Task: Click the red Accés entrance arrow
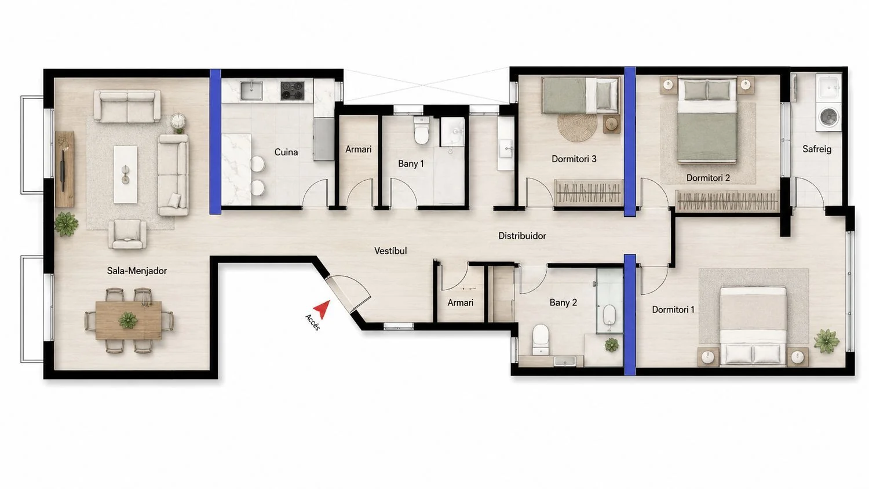323,309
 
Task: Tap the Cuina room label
286,152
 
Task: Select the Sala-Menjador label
137,271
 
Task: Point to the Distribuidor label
522,236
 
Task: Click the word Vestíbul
390,251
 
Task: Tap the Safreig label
817,149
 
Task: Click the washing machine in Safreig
828,116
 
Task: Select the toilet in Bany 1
421,131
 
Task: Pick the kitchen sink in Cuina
251,90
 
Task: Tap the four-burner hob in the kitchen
292,90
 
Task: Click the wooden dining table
129,320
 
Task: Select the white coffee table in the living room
125,174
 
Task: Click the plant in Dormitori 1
826,341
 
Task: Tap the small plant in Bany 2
611,345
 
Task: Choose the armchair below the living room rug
127,234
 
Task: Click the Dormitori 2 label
708,178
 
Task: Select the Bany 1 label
411,164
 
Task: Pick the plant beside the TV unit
67,224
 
